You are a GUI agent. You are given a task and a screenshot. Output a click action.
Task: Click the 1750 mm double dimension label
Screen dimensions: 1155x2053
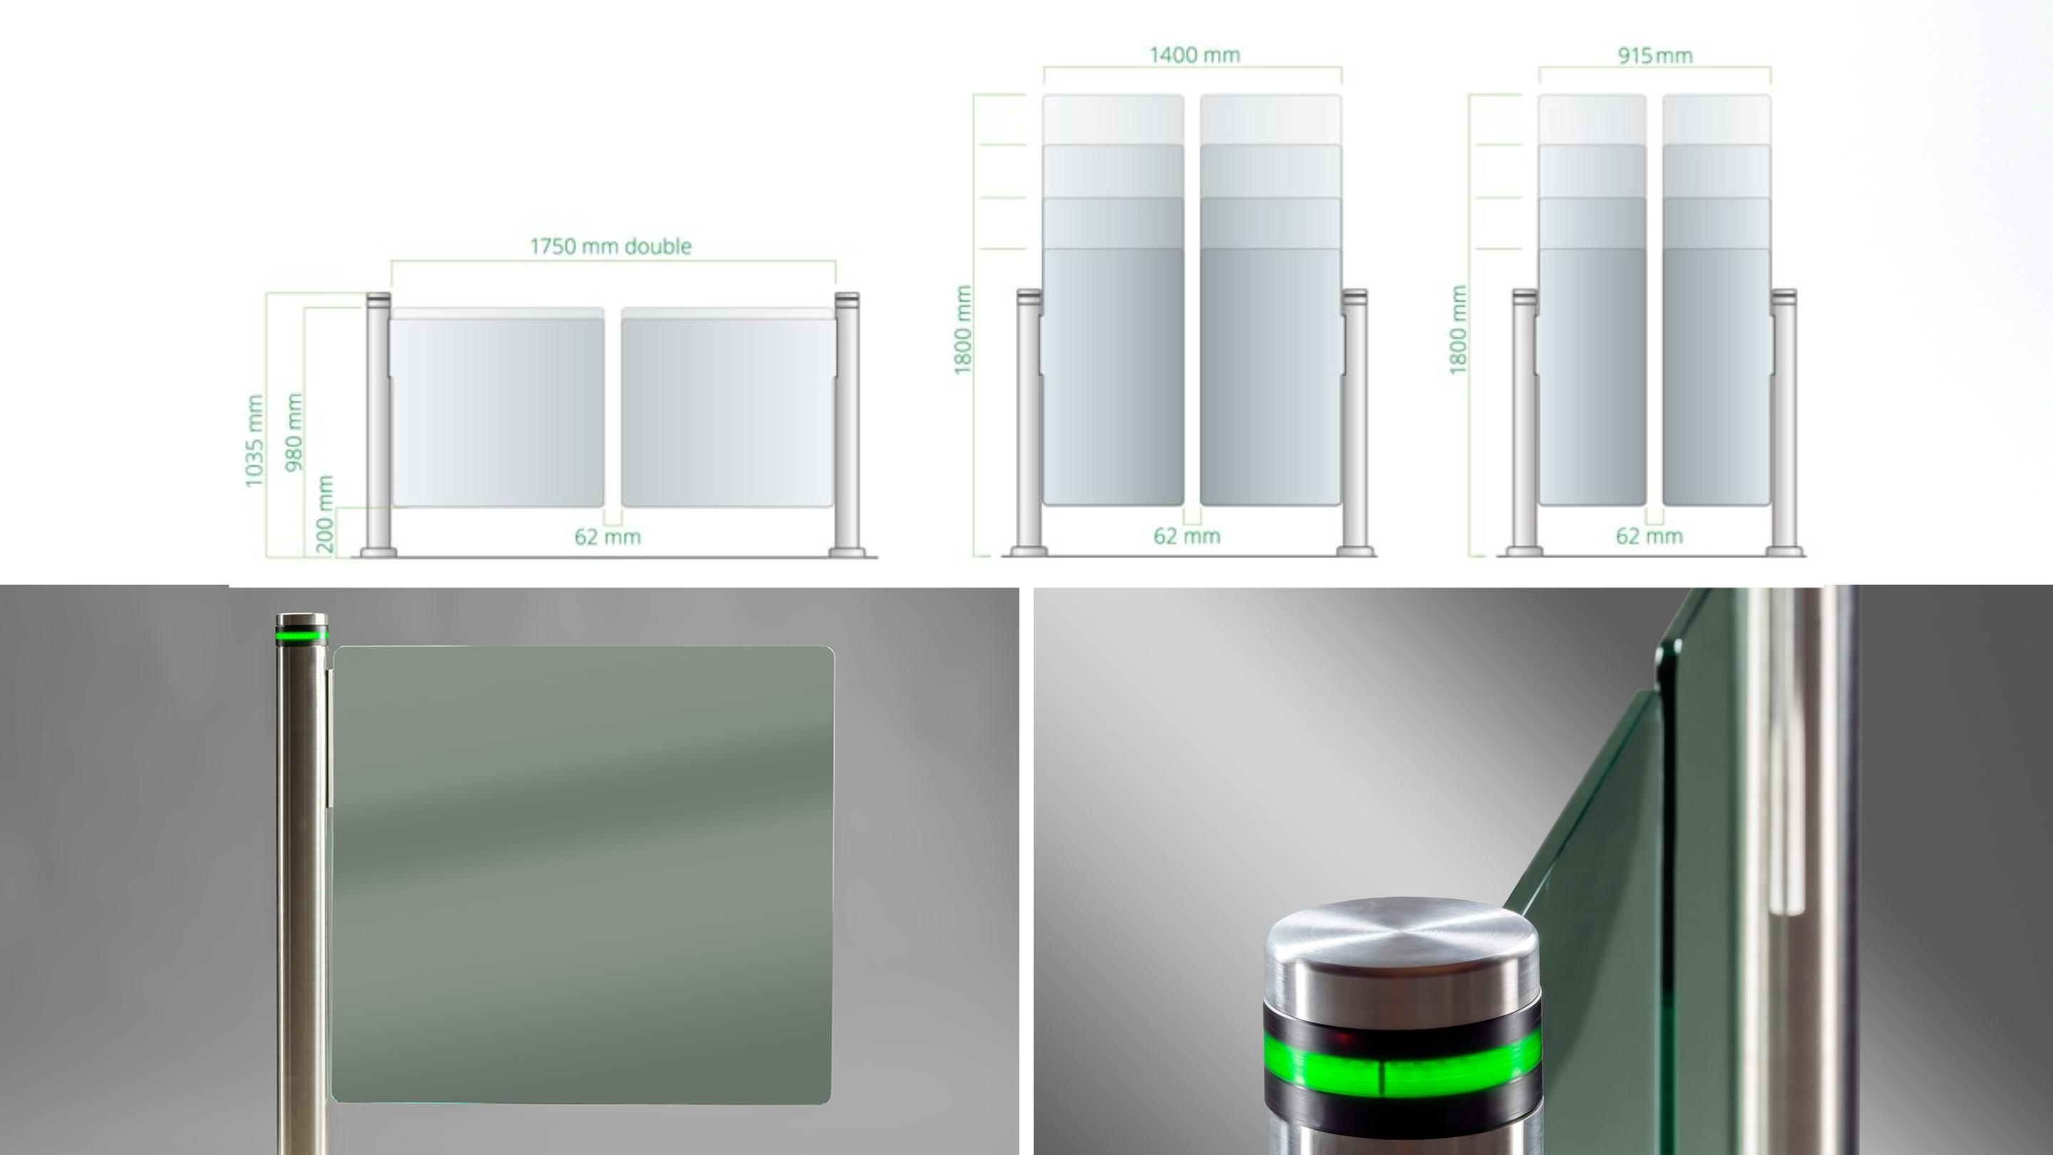tap(610, 246)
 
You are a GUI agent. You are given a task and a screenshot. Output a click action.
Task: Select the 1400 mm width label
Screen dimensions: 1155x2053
tap(1194, 55)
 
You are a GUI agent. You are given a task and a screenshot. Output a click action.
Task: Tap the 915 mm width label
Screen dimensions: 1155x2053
tap(1655, 56)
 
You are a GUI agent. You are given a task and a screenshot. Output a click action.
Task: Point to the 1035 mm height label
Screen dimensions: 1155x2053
tap(254, 440)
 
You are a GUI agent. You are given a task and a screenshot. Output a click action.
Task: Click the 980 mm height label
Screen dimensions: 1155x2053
tap(294, 431)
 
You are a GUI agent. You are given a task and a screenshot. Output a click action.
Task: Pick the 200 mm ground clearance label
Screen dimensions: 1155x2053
tap(324, 513)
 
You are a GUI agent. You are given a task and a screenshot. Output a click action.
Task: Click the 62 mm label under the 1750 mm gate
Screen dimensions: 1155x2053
tap(607, 538)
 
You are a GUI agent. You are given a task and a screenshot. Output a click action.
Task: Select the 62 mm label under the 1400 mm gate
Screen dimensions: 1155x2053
tap(1187, 536)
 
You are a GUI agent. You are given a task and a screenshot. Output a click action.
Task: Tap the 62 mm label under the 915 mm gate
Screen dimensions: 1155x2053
tap(1649, 536)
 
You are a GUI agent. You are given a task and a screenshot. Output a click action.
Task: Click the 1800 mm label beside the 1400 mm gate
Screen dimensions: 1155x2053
tap(963, 329)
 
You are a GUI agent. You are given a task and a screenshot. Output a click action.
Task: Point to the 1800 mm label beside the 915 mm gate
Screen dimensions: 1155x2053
tap(1458, 329)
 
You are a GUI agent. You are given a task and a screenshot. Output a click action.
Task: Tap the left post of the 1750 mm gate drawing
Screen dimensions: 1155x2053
tap(378, 423)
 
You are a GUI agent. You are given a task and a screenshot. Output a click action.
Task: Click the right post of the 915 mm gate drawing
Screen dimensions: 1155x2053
tap(1784, 423)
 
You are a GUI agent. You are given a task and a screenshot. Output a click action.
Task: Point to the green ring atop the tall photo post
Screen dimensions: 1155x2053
tap(302, 635)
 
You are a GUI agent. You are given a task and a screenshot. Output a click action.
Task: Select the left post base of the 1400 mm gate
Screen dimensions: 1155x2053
tap(1029, 550)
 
